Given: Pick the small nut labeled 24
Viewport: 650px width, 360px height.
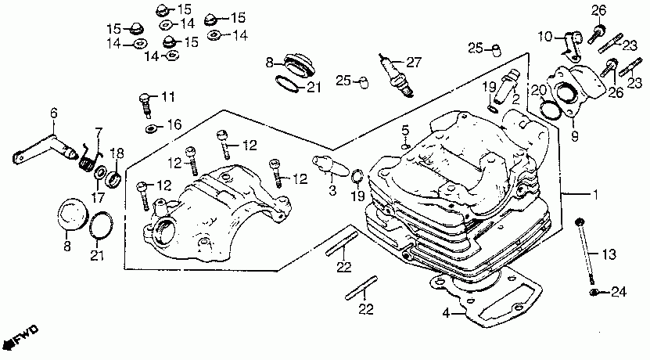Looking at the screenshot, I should (x=594, y=293).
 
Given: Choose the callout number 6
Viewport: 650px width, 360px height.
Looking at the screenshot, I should (x=55, y=113).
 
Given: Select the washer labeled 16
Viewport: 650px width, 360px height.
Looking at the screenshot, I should (x=149, y=126).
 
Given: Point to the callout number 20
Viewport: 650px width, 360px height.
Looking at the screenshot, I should (x=537, y=89).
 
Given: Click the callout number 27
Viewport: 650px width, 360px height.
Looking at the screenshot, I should (x=414, y=62).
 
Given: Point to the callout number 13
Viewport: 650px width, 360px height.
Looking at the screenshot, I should (x=609, y=254).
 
